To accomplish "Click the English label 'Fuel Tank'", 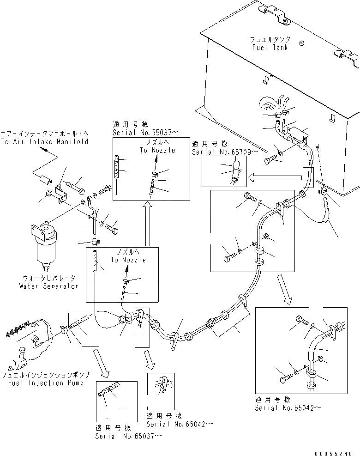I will coord(270,47).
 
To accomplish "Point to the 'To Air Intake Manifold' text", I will coord(44,142).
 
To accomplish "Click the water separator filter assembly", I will coord(43,247).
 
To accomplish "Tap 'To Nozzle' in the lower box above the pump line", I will coord(128,260).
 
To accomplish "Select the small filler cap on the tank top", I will coord(302,43).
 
